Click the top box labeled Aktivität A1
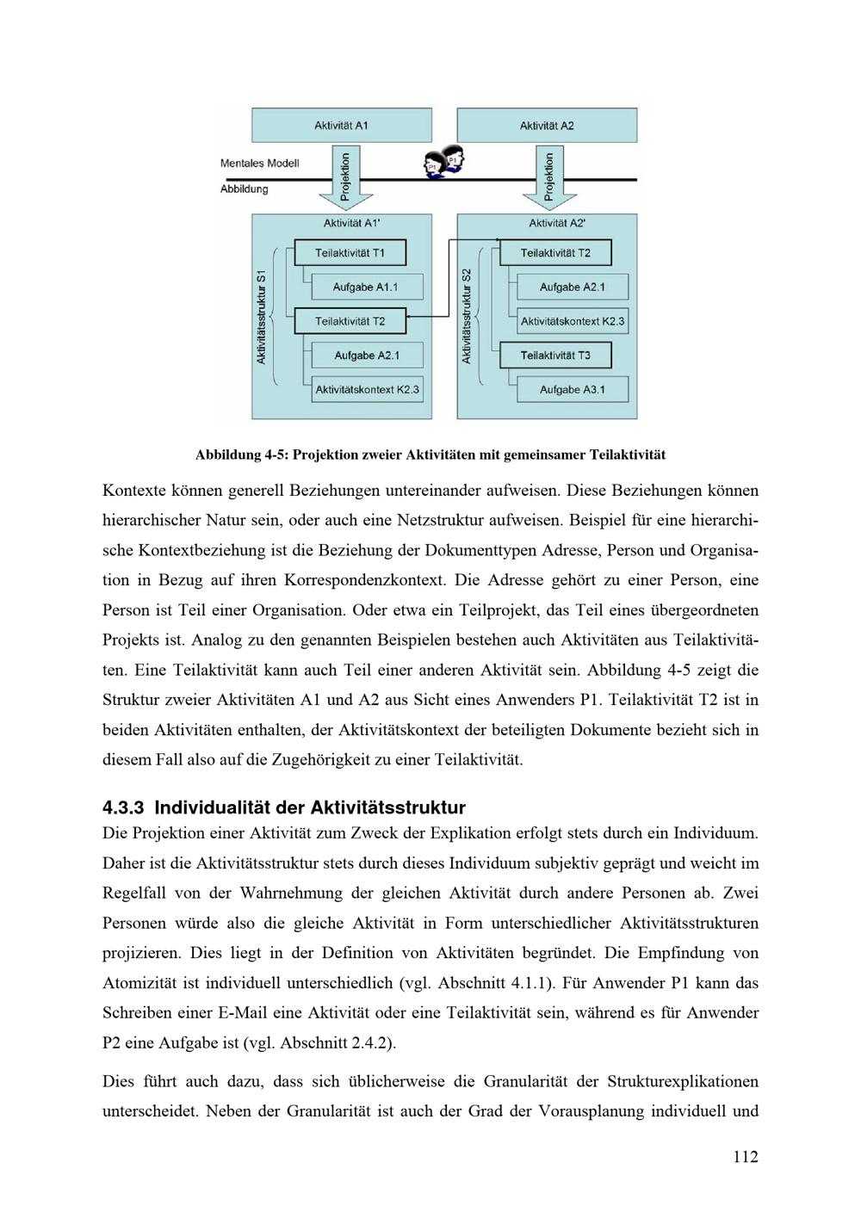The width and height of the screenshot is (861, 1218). [341, 125]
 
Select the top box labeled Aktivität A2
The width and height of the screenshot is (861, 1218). [547, 126]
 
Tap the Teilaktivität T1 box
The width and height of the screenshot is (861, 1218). [350, 253]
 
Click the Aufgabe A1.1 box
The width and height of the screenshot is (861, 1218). [366, 287]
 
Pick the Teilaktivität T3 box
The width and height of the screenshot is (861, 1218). [555, 356]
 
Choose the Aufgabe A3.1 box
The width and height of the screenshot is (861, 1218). [572, 390]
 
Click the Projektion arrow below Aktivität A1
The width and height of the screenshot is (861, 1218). [345, 177]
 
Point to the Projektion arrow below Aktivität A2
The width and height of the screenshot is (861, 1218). [548, 177]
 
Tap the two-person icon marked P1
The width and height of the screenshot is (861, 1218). [444, 161]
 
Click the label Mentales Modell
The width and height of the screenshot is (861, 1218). [259, 164]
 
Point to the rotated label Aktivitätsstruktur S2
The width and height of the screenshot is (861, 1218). [467, 316]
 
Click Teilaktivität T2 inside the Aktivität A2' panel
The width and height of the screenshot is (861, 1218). [555, 253]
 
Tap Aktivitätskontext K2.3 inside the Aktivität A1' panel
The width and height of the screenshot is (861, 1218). [368, 390]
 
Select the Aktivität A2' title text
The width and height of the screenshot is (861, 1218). [557, 223]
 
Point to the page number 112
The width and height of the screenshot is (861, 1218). [746, 1157]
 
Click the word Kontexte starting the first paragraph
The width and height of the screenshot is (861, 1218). [133, 491]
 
